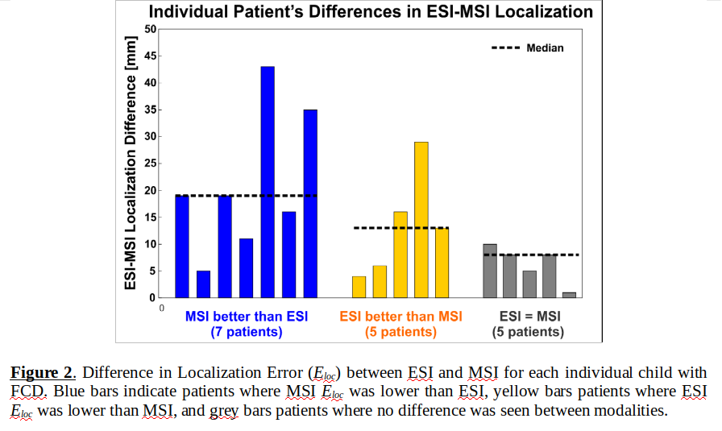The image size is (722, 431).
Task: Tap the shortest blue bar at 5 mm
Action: [x=203, y=284]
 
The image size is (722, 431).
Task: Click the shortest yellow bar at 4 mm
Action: [x=359, y=287]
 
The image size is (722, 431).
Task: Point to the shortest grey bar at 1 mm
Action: [x=569, y=295]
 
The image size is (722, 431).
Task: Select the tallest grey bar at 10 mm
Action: [x=490, y=271]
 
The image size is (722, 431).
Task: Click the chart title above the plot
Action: [x=371, y=12]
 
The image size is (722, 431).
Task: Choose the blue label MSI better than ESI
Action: [x=247, y=317]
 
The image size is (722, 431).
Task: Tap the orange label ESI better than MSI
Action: [x=401, y=317]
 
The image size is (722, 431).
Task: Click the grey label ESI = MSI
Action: [x=529, y=317]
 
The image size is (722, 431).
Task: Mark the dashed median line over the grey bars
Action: [x=532, y=255]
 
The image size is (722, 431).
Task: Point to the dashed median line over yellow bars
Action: [x=401, y=228]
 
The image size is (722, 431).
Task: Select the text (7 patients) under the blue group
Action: [x=247, y=332]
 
